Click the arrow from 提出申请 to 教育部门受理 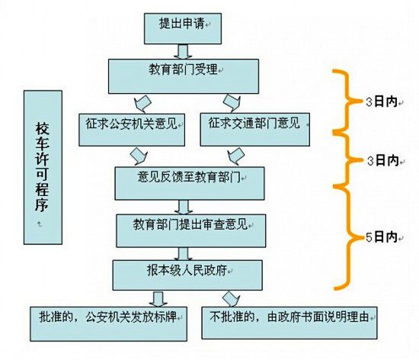[x=182, y=51]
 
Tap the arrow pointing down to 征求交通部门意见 [x=229, y=102]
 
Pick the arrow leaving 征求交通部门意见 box [x=238, y=155]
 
